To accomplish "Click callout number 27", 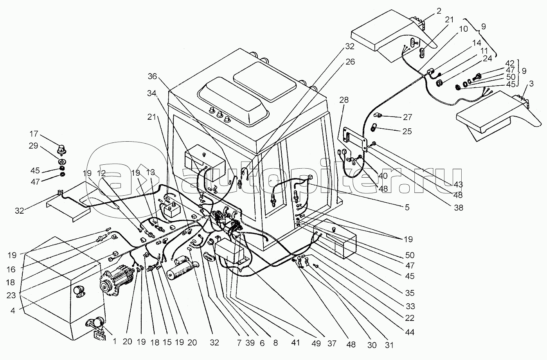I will click(x=407, y=117).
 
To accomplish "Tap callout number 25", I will click(x=407, y=131).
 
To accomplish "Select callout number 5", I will click(x=407, y=208).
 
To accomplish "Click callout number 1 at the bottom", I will click(x=115, y=341).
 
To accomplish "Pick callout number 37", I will click(x=332, y=344).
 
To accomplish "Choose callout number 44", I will click(x=410, y=332).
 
